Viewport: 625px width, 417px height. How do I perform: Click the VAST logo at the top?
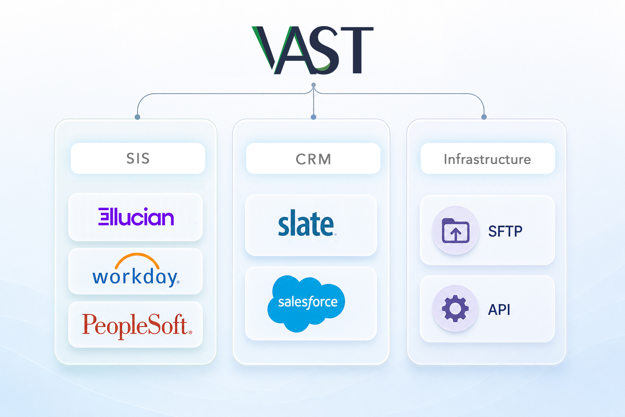tap(312, 50)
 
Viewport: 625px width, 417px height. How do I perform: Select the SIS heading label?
tap(138, 158)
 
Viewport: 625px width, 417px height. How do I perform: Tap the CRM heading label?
tap(313, 159)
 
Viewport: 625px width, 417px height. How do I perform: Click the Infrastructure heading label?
tap(487, 159)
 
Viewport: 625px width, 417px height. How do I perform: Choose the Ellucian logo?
tap(136, 217)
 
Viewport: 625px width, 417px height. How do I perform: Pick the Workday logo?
tap(136, 270)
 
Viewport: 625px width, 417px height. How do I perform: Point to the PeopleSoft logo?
tap(137, 325)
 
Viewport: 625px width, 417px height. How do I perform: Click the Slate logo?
tap(307, 223)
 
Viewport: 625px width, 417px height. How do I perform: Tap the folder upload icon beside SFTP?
tap(456, 230)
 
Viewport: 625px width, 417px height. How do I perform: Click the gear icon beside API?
tap(455, 308)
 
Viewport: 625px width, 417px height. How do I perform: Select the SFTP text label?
tap(505, 231)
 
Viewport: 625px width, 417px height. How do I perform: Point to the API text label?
tap(499, 309)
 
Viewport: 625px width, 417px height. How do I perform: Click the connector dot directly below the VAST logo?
tap(314, 85)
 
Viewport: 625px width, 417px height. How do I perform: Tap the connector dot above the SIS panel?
tap(137, 117)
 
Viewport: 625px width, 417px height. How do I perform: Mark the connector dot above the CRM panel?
tap(314, 117)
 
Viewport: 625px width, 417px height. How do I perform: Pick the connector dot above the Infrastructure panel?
tap(484, 117)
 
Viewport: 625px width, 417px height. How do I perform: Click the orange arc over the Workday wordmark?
tap(137, 255)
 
